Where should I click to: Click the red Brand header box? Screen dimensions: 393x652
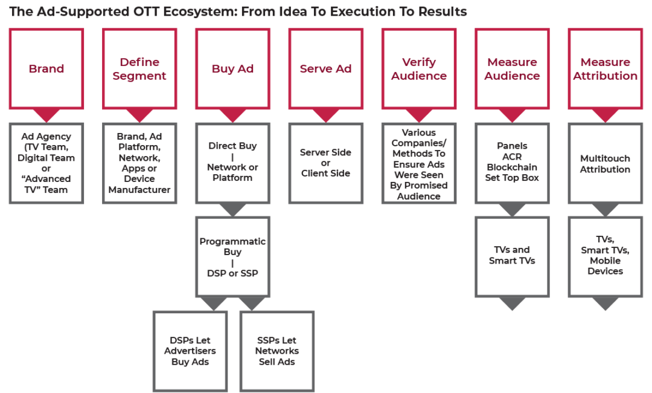coord(46,68)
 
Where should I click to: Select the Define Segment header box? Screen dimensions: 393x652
coord(139,68)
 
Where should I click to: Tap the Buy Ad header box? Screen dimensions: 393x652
coord(232,68)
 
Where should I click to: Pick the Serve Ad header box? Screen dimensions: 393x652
coord(325,68)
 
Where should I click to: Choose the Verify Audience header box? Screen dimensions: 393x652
coord(419,68)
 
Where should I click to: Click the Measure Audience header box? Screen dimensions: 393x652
coord(512,68)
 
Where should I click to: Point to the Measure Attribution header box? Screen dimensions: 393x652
coord(605,68)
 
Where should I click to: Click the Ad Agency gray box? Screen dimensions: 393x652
coord(46,163)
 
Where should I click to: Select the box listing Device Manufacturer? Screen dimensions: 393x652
coord(139,163)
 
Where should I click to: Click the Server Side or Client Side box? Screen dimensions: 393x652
coord(325,163)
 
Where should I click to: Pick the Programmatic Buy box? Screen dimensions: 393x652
coord(232,257)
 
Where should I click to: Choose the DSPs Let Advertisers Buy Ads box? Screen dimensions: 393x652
coord(190,351)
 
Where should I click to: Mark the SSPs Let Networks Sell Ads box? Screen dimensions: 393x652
coord(277,351)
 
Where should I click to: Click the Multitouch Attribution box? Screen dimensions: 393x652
coord(605,163)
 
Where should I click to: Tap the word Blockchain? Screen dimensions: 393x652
coord(512,167)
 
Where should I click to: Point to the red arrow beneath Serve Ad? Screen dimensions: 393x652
coord(325,115)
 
